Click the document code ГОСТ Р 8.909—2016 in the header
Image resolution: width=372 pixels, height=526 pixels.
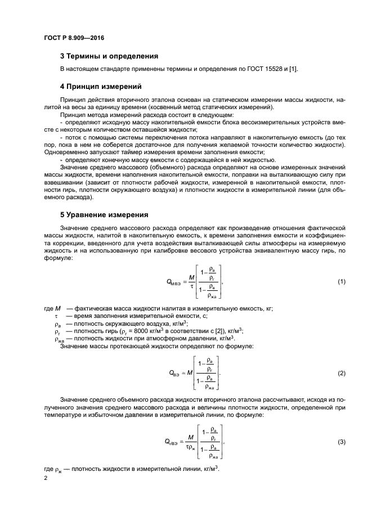coord(74,38)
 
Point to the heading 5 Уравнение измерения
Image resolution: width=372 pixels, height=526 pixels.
coord(104,214)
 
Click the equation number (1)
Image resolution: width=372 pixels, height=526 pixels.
coord(340,281)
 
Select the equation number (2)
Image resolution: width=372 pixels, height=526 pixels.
coord(340,374)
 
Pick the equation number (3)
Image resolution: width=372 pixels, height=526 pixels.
coord(340,443)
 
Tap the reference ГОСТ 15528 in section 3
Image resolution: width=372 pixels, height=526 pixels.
coord(266,69)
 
